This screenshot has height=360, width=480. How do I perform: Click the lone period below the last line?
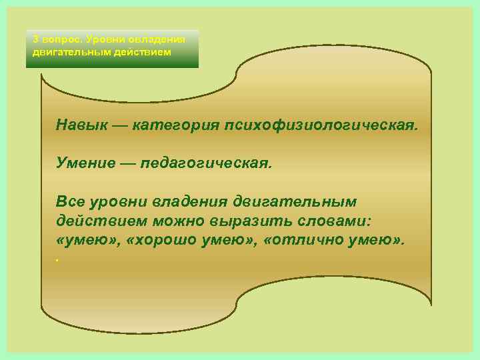59,259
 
